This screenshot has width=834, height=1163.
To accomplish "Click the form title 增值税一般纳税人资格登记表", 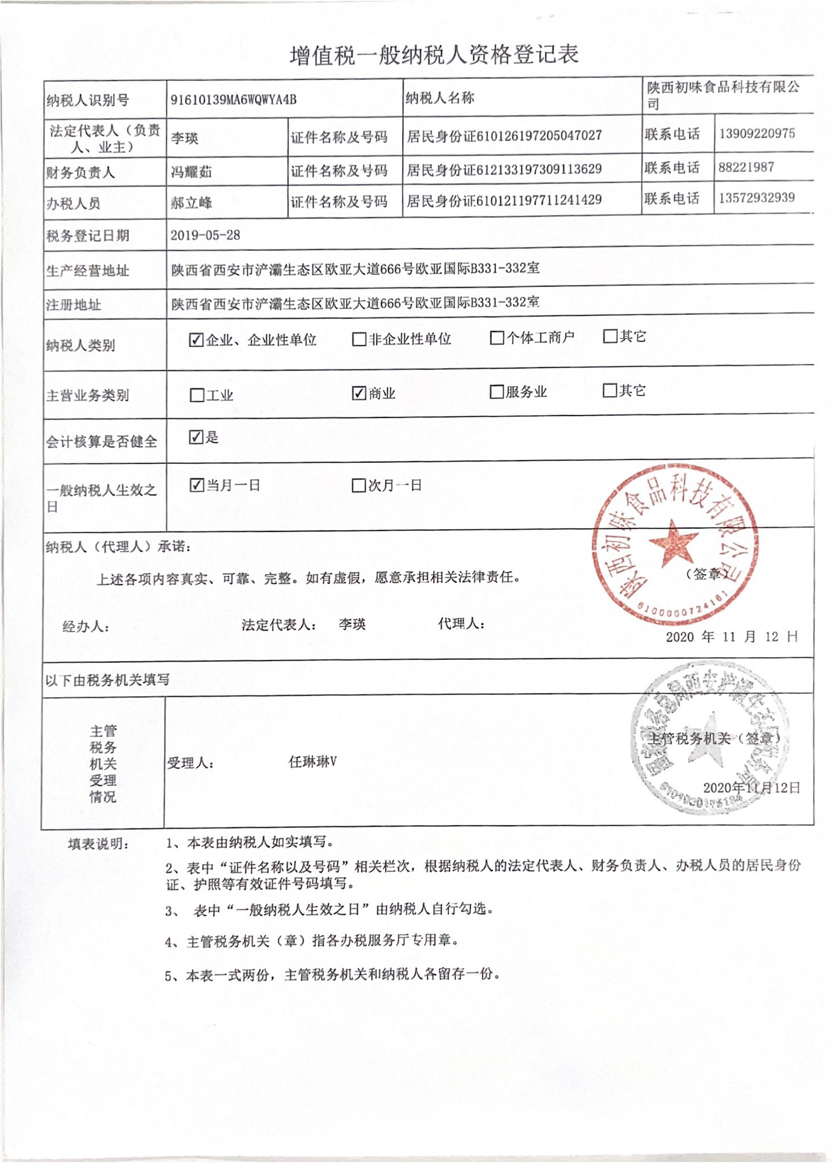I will click(x=434, y=55).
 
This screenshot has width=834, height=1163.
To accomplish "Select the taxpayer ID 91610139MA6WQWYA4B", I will click(x=233, y=100).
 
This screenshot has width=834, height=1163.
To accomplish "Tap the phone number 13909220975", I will click(x=757, y=133).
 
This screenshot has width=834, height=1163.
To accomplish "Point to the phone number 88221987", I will click(x=746, y=167).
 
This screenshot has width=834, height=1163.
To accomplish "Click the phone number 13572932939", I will click(x=756, y=198).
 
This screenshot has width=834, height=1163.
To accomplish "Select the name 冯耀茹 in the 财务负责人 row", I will click(x=191, y=171).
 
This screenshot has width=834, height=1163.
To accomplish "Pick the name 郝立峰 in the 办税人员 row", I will click(x=191, y=202).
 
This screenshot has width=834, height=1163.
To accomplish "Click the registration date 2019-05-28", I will click(x=205, y=235).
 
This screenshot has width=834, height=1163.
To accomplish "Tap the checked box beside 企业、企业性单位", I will click(x=196, y=340).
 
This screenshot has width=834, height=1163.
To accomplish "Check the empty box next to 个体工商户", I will click(x=497, y=338).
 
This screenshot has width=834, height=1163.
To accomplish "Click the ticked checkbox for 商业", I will click(x=358, y=393).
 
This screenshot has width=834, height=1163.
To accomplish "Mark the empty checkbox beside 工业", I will click(x=197, y=395).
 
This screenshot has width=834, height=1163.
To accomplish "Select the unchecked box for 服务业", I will click(x=497, y=392).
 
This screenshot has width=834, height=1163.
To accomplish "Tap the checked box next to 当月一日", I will click(x=196, y=485).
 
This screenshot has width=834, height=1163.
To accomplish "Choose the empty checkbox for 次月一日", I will click(x=358, y=486).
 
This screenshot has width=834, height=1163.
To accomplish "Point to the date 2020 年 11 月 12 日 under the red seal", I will click(x=731, y=637).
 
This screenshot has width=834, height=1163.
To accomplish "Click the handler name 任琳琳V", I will click(x=312, y=762).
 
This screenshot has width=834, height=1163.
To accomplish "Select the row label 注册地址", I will click(x=73, y=305).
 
